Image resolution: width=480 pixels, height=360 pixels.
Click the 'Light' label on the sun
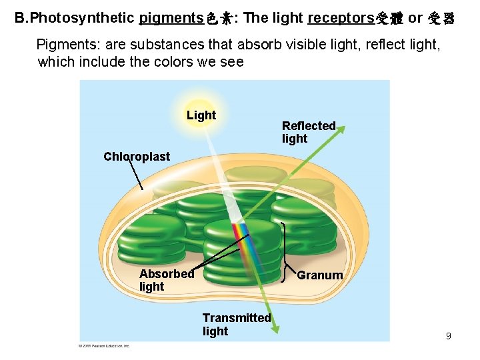(201, 115)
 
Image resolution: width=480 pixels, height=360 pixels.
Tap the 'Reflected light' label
(308, 132)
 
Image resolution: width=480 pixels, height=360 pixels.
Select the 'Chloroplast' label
(137, 157)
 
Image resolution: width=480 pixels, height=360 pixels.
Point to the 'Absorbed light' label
(166, 280)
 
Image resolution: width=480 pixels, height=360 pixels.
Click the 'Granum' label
(320, 275)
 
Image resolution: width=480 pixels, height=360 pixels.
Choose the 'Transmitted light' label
(236, 325)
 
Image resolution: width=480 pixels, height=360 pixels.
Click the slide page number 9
(449, 336)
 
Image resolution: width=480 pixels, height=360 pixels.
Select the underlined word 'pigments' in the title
(169, 18)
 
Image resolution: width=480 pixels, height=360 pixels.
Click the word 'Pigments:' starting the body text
(63, 45)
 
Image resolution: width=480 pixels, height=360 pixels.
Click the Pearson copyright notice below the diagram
(104, 345)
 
